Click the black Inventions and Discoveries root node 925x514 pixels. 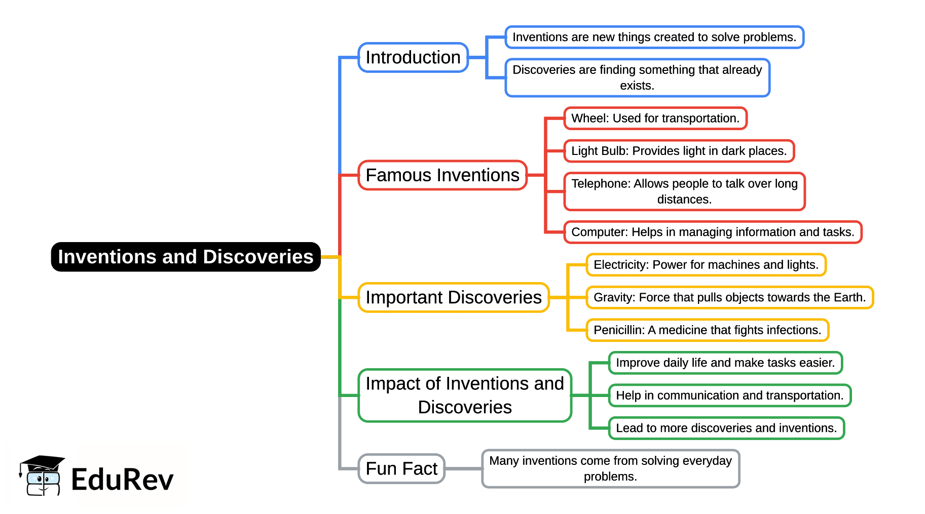click(x=186, y=257)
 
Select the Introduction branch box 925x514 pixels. click(x=413, y=58)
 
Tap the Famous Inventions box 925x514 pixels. click(x=442, y=175)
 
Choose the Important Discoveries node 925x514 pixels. click(x=454, y=297)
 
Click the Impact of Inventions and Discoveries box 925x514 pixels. click(x=465, y=395)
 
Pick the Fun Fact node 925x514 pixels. click(x=401, y=468)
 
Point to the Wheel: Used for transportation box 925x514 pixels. click(x=655, y=118)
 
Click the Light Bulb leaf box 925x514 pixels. click(x=679, y=151)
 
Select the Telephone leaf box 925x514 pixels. click(x=684, y=191)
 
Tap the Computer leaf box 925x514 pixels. click(x=713, y=232)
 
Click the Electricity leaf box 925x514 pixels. click(x=706, y=265)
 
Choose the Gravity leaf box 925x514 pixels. click(x=729, y=297)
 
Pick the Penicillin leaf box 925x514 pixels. click(x=707, y=330)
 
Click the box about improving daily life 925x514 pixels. click(x=725, y=363)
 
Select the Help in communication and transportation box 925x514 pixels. click(x=729, y=396)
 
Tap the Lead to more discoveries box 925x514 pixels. click(x=726, y=428)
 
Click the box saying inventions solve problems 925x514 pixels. click(x=654, y=37)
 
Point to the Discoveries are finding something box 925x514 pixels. click(x=637, y=77)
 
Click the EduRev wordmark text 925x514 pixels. click(x=122, y=480)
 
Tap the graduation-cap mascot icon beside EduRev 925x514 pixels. click(x=42, y=476)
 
